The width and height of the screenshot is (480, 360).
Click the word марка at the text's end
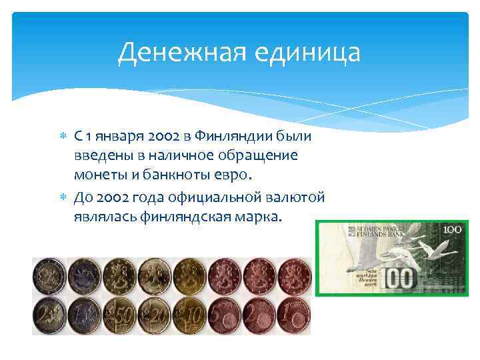261,216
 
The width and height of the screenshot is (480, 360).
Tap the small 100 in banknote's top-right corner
453,229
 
